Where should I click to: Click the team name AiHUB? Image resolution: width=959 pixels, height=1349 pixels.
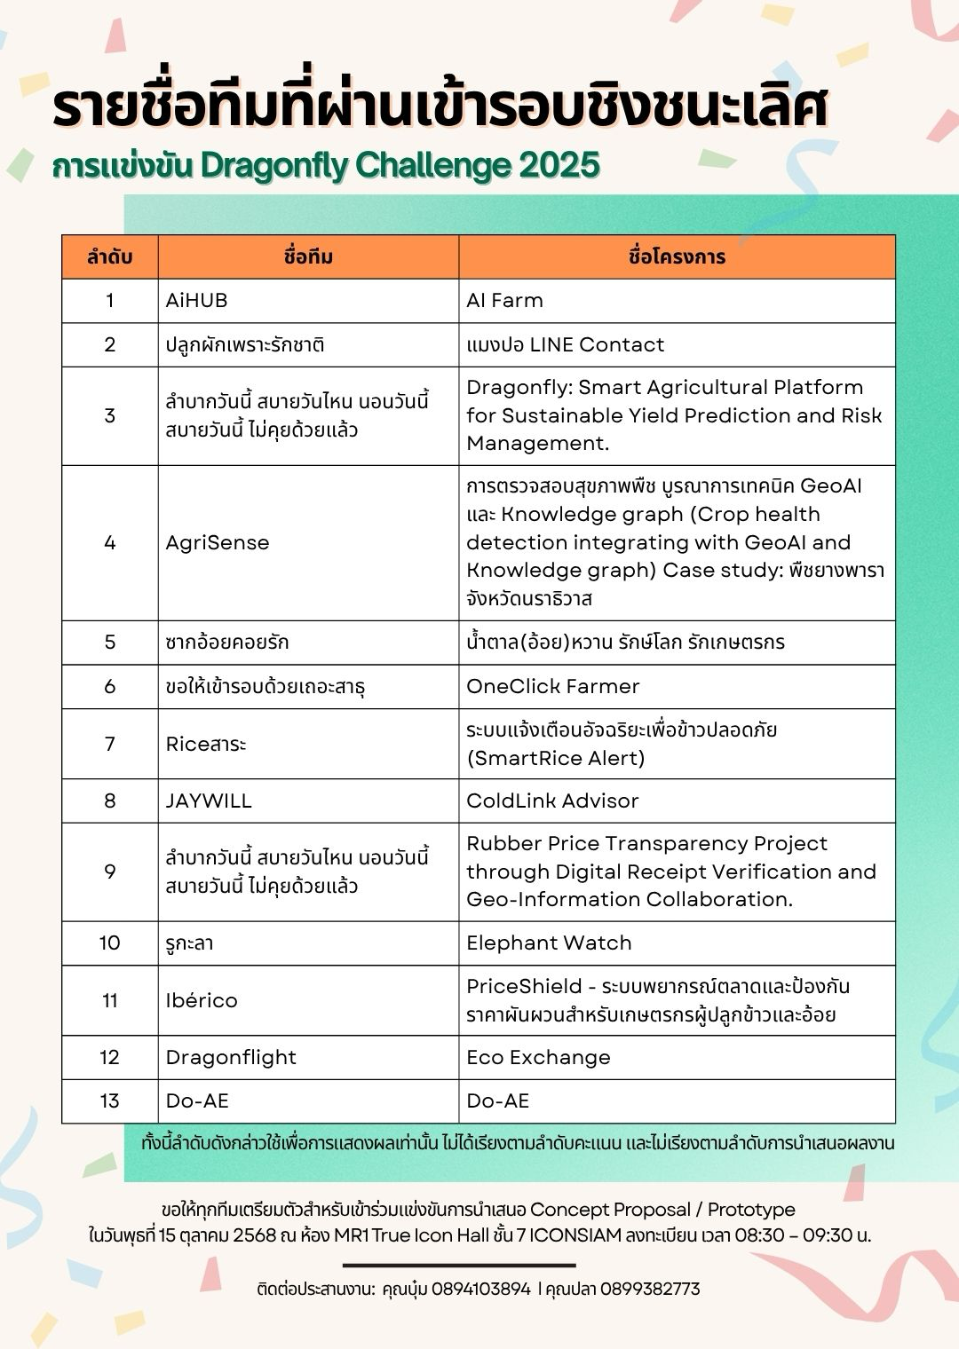[x=196, y=301]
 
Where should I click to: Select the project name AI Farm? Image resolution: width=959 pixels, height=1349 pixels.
[x=504, y=301]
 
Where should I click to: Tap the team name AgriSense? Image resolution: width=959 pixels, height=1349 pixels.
[x=218, y=542]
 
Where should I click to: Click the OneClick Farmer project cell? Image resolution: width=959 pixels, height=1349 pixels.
[x=552, y=686]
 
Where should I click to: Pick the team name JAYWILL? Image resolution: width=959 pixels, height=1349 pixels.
[x=209, y=801]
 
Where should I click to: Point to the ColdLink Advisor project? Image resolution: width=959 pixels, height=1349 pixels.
[x=552, y=801]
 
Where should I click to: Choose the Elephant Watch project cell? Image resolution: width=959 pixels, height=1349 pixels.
[x=549, y=943]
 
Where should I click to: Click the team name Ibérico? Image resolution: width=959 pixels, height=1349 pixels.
[x=202, y=1000]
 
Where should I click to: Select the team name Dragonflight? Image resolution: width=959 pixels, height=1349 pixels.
[x=231, y=1057]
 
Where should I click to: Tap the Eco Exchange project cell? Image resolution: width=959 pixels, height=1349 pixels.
[x=538, y=1057]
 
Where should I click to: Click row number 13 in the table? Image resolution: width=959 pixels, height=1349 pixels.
[x=109, y=1100]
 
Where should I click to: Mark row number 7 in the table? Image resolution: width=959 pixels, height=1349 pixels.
[x=109, y=744]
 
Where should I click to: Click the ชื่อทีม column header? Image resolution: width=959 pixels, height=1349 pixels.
[x=308, y=257]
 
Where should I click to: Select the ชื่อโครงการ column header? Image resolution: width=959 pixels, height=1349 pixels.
[x=677, y=257]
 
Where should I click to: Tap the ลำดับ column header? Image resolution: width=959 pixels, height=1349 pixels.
[x=109, y=257]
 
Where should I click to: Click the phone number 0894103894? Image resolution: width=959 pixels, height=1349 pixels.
[x=480, y=1289]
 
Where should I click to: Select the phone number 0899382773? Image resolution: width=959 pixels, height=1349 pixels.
[x=650, y=1289]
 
